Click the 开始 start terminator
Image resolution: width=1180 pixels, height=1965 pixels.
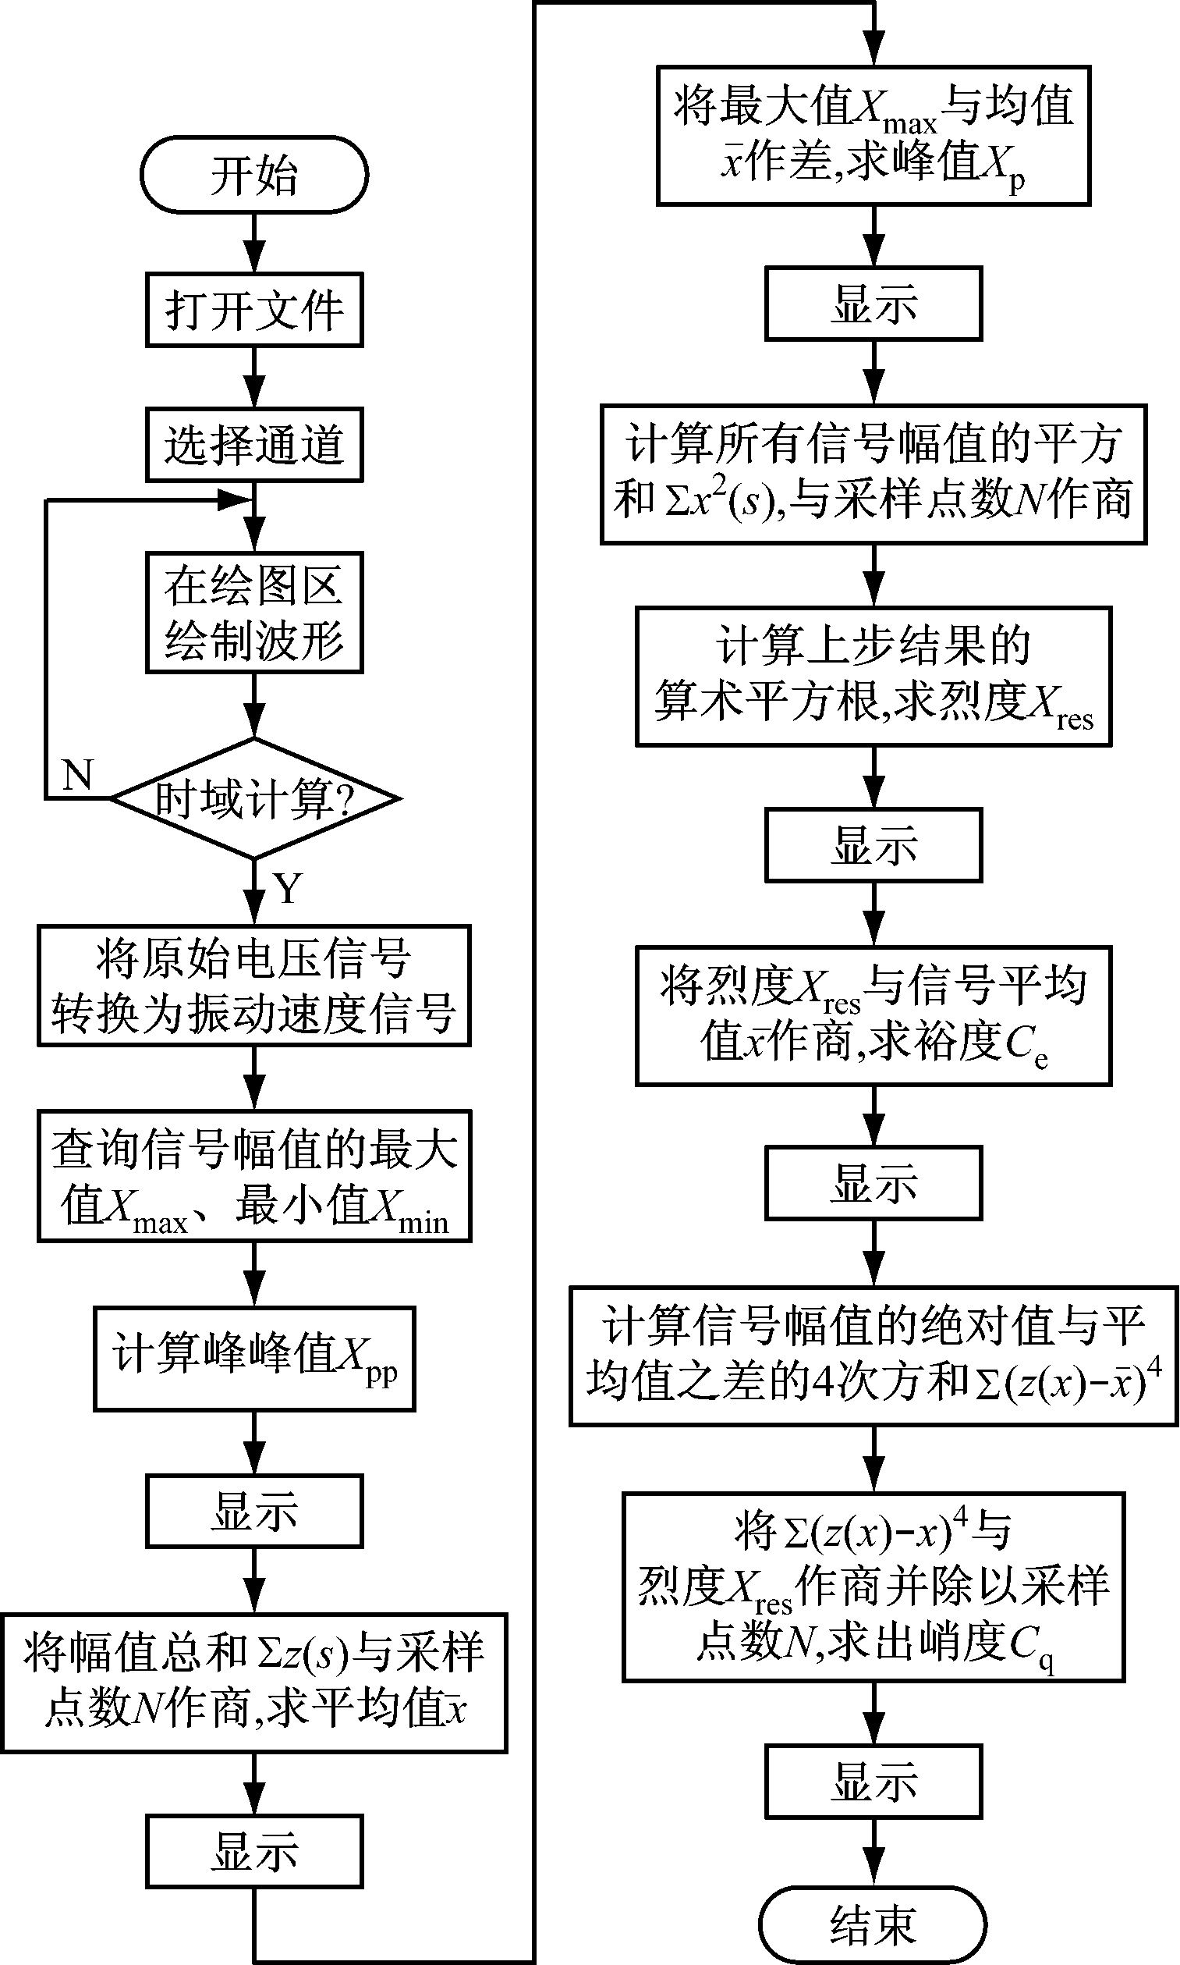click(254, 175)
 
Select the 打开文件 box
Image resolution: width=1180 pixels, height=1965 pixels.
click(254, 311)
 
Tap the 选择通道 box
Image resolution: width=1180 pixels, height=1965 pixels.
click(254, 445)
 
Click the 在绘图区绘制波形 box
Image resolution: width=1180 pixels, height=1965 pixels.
click(254, 613)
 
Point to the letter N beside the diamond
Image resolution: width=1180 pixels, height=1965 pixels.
click(77, 775)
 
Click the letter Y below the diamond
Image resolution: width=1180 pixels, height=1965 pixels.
click(288, 888)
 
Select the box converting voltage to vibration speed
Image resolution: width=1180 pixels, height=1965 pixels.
click(254, 986)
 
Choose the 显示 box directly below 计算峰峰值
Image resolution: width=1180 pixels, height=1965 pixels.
click(254, 1511)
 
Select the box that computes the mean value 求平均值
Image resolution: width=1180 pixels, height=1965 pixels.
click(254, 1683)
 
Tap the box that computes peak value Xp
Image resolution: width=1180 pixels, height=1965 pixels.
click(873, 136)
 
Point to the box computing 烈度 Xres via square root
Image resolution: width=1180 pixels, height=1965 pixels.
click(873, 677)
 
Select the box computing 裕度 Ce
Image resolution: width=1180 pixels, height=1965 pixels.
click(873, 1016)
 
